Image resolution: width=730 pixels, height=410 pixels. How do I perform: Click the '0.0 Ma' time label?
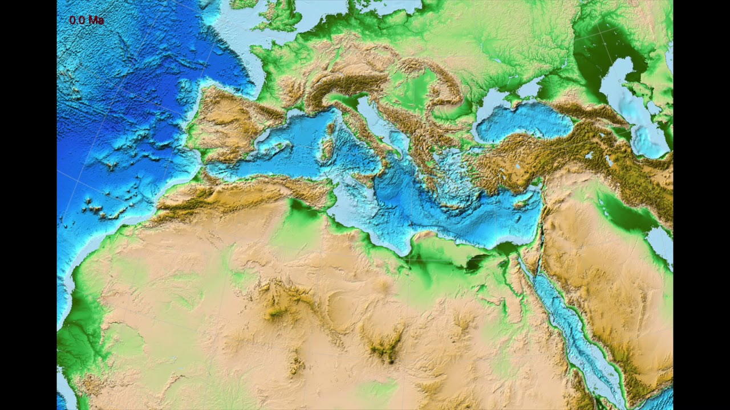pyautogui.click(x=86, y=20)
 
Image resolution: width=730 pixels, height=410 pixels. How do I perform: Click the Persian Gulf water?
pyautogui.click(x=662, y=242)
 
